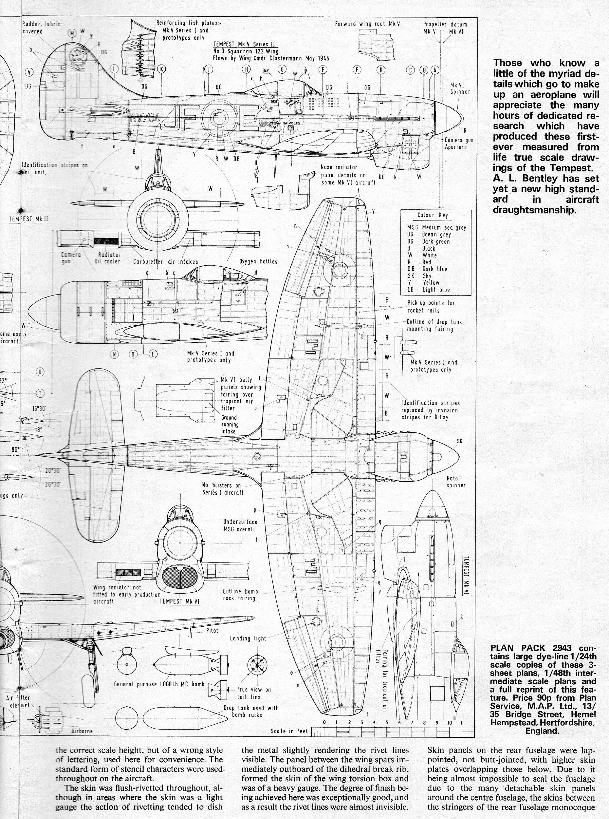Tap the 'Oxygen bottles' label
(x=258, y=261)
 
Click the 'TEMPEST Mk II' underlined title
(x=29, y=219)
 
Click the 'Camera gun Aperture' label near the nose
(x=458, y=143)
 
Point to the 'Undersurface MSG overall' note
(x=240, y=525)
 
